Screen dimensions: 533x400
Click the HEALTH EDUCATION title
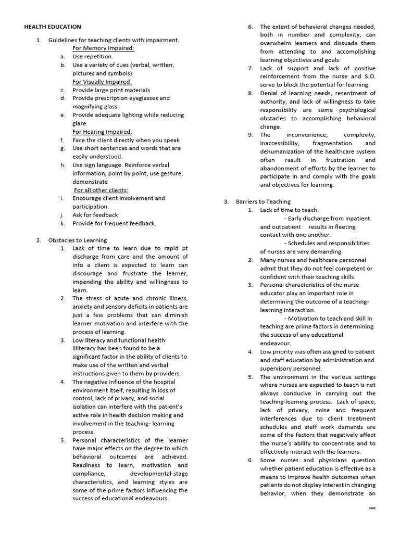pyautogui.click(x=53, y=27)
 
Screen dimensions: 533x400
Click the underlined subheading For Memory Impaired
pyautogui.click(x=103, y=48)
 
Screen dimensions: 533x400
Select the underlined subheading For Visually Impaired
pyautogui.click(x=102, y=82)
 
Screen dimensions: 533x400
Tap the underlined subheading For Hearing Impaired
pyautogui.click(x=102, y=132)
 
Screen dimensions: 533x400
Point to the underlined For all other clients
pyautogui.click(x=101, y=190)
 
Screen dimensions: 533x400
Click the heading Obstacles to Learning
pyautogui.click(x=78, y=240)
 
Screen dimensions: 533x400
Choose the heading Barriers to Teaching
pyautogui.click(x=264, y=201)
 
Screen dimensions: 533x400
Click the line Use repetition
pyautogui.click(x=92, y=57)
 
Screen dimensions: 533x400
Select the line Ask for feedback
pyautogui.click(x=95, y=215)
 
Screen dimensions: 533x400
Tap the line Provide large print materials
pyautogui.click(x=110, y=90)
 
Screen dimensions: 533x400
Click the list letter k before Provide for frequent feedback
pyautogui.click(x=62, y=223)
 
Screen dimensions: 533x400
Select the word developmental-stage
pyautogui.click(x=159, y=474)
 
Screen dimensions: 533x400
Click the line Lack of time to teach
pyautogui.click(x=289, y=210)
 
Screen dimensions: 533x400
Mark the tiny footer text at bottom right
pyautogui.click(x=371, y=508)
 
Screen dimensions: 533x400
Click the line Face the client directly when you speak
pyautogui.click(x=126, y=140)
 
